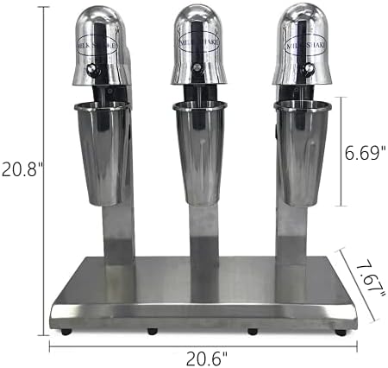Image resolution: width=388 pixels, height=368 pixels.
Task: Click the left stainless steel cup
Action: [103, 151]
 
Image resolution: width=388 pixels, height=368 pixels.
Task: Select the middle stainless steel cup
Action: [199, 151]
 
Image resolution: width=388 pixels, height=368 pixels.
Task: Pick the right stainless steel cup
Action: [303, 151]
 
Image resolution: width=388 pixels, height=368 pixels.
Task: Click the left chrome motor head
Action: [101, 43]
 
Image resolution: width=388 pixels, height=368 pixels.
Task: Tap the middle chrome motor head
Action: [199, 43]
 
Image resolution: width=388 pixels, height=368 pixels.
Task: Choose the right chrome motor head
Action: [302, 43]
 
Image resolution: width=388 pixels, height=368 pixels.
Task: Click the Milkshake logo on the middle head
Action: [199, 40]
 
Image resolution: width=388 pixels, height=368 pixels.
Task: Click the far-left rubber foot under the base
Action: [66, 331]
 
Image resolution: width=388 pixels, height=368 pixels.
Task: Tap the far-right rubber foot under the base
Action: [340, 332]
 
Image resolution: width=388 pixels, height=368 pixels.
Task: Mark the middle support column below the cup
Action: [203, 246]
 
